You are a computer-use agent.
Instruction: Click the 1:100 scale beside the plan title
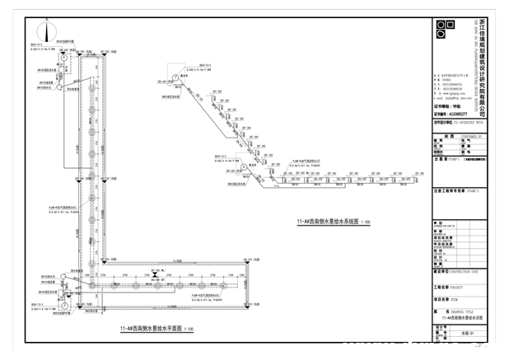click(x=188, y=329)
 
